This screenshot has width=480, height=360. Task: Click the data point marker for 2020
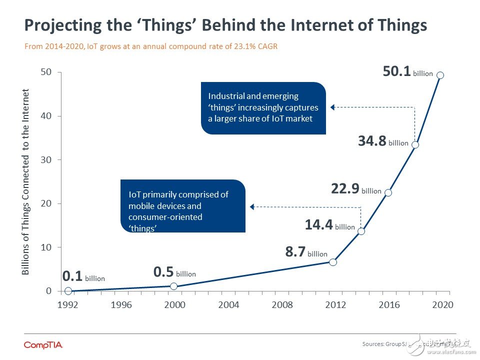pos(440,75)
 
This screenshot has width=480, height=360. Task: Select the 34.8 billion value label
pos(383,141)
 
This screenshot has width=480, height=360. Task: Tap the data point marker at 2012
pos(333,262)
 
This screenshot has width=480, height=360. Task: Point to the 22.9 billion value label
pos(356,189)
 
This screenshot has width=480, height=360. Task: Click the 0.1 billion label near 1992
pos(83,276)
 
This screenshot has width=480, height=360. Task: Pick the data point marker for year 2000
pos(173,286)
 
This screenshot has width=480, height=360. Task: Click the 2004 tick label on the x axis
pos(229,305)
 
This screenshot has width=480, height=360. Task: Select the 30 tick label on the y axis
pos(45,160)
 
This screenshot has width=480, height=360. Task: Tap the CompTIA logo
pos(43,345)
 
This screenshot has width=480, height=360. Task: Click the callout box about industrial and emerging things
pos(263,107)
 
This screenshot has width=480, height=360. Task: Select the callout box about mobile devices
pos(182,205)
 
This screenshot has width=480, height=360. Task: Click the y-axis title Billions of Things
pos(26,182)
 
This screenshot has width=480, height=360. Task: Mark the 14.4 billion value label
pos(329,225)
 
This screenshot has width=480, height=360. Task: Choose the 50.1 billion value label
pos(407,71)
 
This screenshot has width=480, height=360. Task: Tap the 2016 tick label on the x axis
pos(389,305)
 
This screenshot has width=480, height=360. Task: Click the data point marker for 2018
pos(415,144)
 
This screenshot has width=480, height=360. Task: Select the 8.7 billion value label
pos(306,252)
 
